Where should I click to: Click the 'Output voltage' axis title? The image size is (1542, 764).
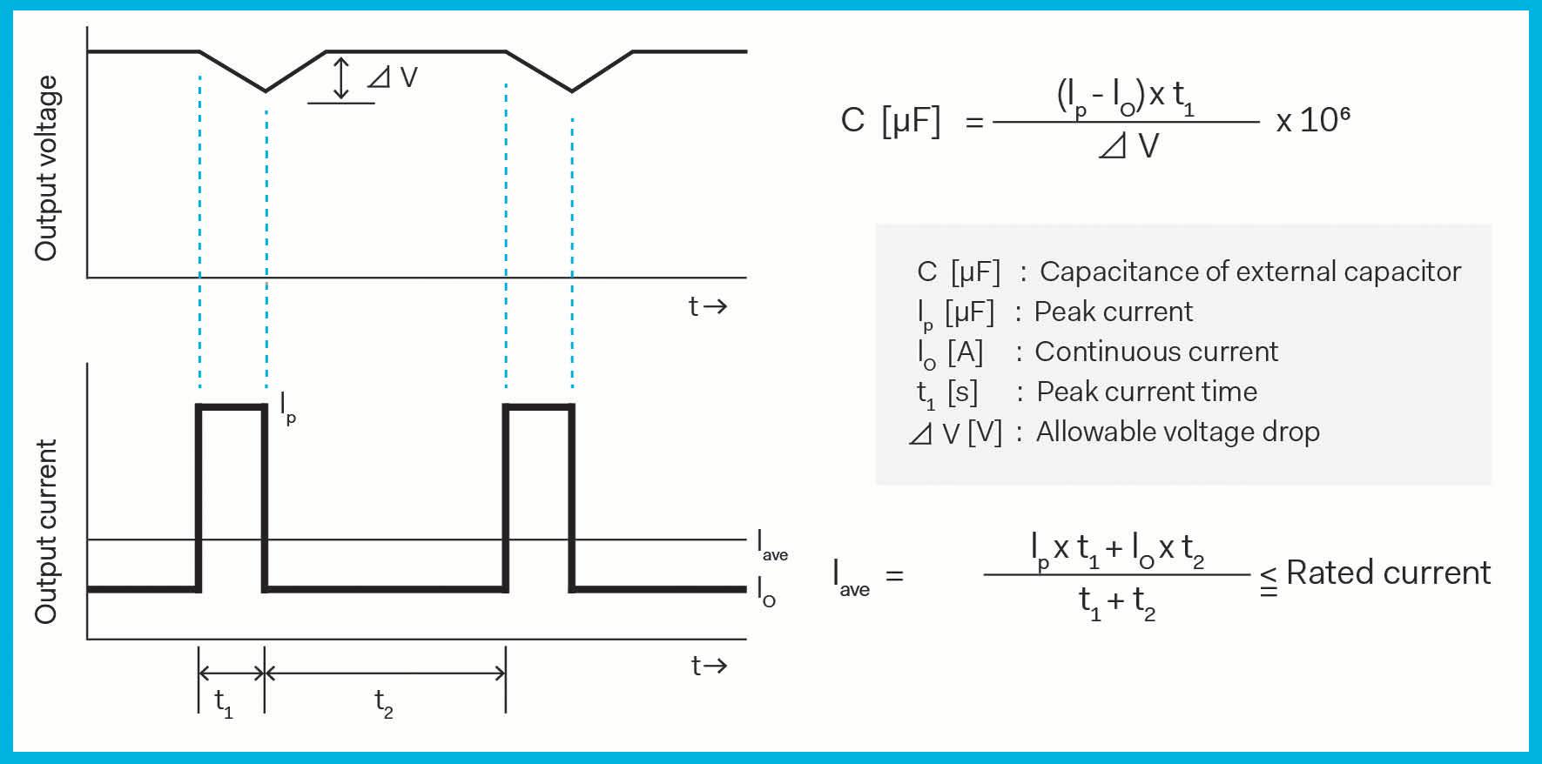tap(46, 168)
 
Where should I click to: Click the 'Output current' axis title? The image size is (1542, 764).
tap(46, 532)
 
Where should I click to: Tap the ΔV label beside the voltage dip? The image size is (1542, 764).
tap(393, 78)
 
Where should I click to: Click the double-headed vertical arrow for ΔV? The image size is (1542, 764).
tap(341, 78)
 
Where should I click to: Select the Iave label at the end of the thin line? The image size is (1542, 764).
tap(771, 546)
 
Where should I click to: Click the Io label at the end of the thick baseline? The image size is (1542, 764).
tap(765, 593)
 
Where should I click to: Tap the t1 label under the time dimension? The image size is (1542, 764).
tap(224, 703)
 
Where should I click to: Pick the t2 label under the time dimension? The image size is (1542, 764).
tap(383, 703)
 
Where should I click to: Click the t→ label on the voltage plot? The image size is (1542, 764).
tap(707, 306)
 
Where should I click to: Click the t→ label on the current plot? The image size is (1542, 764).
tap(709, 667)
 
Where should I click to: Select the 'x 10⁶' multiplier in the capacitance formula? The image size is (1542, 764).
tap(1312, 119)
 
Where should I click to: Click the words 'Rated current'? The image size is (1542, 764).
tap(1388, 573)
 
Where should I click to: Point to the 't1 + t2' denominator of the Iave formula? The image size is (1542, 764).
tap(1116, 602)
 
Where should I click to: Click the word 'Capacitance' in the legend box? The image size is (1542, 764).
tap(1119, 271)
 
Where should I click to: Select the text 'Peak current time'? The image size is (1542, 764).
tap(1147, 392)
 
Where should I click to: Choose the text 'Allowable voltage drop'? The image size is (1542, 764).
tap(1177, 432)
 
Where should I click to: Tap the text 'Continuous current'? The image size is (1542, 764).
tap(1155, 352)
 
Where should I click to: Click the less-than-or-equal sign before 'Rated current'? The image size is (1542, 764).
tap(1269, 580)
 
